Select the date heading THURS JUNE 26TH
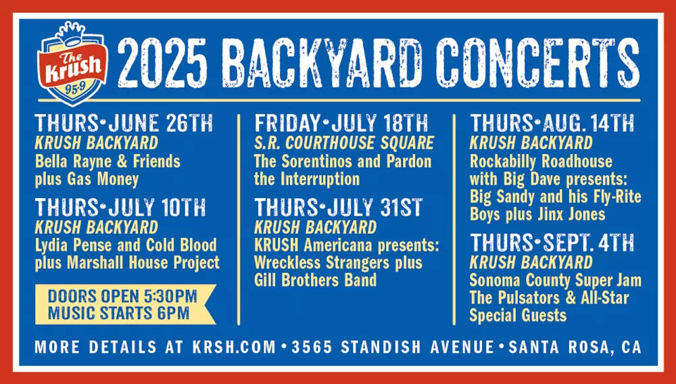click(124, 124)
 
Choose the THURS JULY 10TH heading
click(121, 207)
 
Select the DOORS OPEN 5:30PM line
click(122, 296)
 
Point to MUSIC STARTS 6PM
click(118, 313)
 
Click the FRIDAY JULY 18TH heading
click(341, 124)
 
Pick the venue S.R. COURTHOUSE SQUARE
click(343, 143)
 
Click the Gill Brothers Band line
click(315, 279)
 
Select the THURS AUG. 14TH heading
click(552, 124)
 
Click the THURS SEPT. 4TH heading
click(552, 243)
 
